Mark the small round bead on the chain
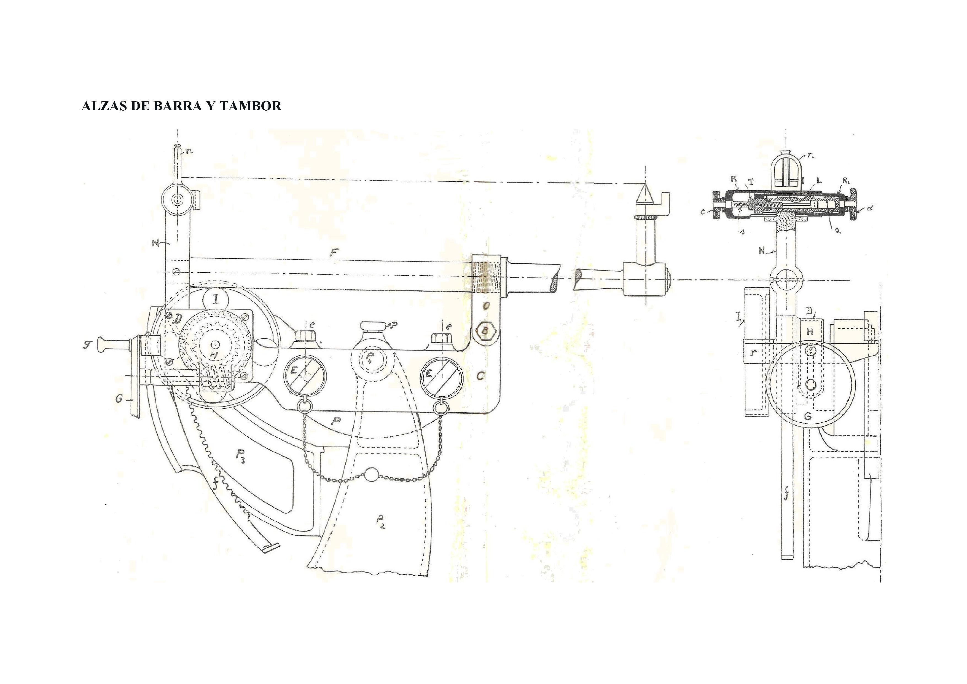click(x=371, y=475)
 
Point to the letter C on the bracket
click(x=481, y=375)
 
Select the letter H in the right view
click(x=810, y=332)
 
